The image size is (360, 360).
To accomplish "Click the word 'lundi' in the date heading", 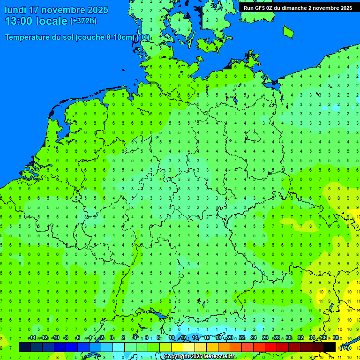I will (x=15, y=10).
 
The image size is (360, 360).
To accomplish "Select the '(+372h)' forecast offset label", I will (x=83, y=21).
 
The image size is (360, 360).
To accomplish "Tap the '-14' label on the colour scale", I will (x=32, y=338).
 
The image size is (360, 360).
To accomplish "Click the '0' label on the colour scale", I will (x=112, y=338).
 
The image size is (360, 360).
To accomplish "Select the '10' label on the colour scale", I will (x=172, y=338).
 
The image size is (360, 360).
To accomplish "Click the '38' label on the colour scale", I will (x=336, y=338).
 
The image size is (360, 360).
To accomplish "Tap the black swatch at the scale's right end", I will (x=330, y=347).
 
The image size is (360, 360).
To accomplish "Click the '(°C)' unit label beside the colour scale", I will (x=344, y=347).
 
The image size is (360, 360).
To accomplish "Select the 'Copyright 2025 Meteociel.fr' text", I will (x=199, y=357).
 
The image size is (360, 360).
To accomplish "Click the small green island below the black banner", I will (x=288, y=31).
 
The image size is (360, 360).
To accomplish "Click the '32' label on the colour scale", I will (x=300, y=338).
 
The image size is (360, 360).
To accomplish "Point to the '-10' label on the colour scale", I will (x=55, y=338).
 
